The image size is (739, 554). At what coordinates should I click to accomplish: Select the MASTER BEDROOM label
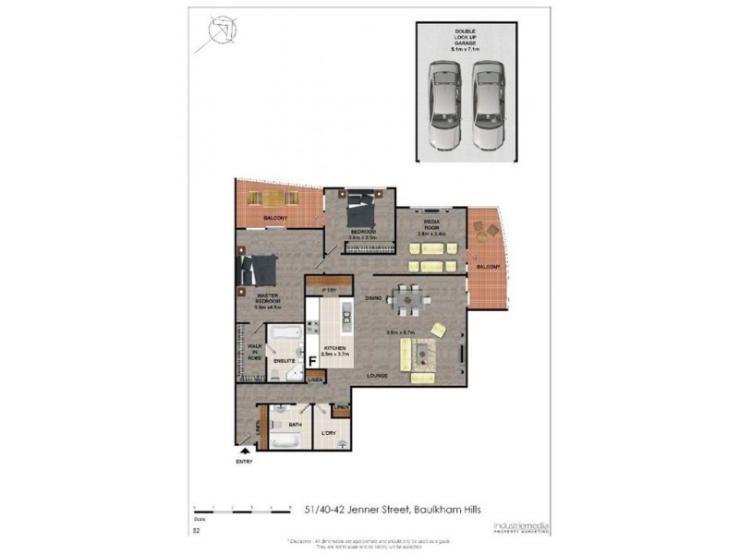[269, 299]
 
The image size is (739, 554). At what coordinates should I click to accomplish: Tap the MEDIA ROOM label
[431, 227]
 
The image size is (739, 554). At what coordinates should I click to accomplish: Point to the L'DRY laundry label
[328, 433]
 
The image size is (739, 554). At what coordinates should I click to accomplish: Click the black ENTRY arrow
[244, 451]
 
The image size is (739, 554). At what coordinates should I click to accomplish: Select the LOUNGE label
[375, 377]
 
